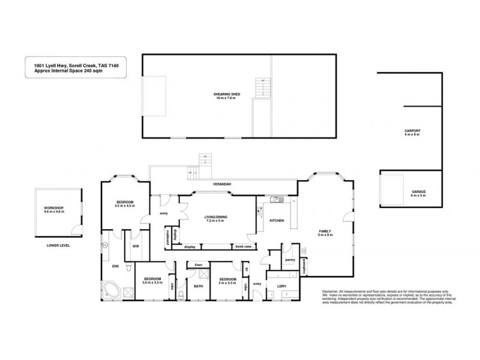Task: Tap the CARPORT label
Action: [412, 130]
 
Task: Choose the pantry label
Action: [289, 260]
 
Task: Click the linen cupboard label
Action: [197, 265]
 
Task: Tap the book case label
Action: [243, 247]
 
